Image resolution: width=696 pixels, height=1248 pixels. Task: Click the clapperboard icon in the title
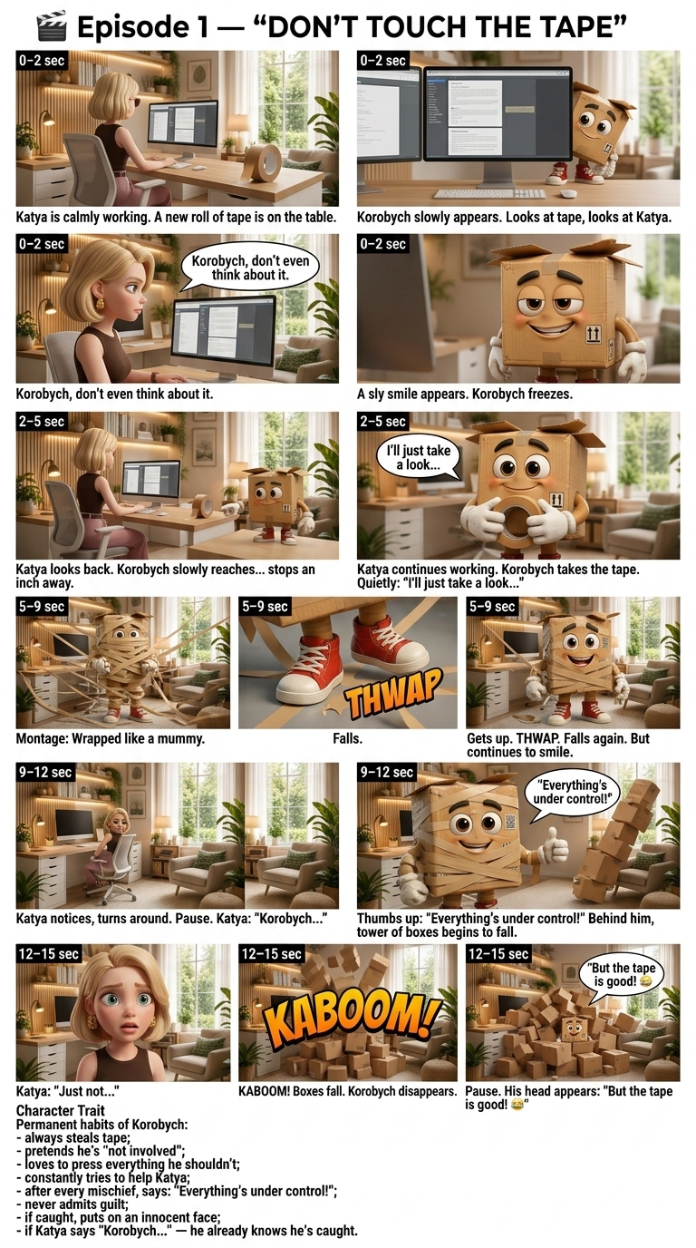tap(52, 27)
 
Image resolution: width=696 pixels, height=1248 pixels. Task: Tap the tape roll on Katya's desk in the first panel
tap(263, 162)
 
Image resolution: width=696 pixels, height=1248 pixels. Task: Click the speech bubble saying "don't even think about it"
tap(250, 268)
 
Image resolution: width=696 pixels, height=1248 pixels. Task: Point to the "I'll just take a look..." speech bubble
tap(420, 457)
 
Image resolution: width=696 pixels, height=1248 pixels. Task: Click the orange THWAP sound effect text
tap(394, 693)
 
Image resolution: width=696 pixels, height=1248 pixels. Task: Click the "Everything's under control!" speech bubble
tap(571, 794)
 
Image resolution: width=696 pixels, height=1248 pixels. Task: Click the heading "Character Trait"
tap(60, 1110)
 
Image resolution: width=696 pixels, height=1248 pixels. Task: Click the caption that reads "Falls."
tap(347, 739)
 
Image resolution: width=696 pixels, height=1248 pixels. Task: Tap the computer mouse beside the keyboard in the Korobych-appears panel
tap(568, 193)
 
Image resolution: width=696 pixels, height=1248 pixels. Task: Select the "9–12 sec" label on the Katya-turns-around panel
tap(45, 772)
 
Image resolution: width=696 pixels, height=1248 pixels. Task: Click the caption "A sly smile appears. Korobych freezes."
tap(464, 394)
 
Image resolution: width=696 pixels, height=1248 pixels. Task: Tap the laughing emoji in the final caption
tap(517, 1105)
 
